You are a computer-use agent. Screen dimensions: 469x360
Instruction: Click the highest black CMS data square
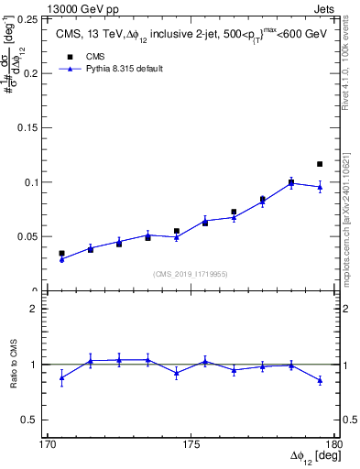(320, 164)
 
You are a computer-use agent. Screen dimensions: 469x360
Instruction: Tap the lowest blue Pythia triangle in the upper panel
(61, 260)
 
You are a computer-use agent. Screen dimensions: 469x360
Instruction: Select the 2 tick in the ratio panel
(39, 309)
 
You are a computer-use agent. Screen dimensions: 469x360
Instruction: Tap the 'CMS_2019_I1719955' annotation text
(191, 273)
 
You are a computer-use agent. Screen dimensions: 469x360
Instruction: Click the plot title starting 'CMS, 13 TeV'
(190, 36)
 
